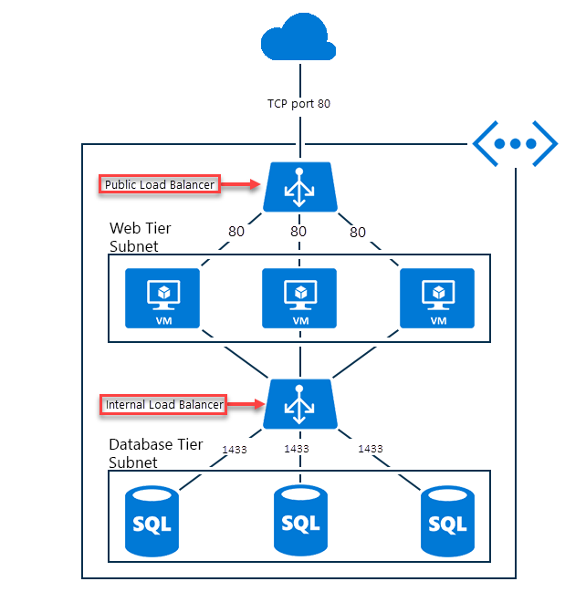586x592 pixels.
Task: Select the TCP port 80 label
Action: (299, 103)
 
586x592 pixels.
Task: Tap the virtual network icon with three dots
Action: (515, 143)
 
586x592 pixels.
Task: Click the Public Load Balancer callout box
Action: (160, 184)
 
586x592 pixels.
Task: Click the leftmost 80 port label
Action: (236, 232)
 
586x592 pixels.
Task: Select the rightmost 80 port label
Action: (358, 232)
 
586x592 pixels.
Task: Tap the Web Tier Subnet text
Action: (141, 236)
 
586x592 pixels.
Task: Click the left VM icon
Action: (163, 298)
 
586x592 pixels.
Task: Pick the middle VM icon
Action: (299, 298)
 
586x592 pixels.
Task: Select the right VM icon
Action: (437, 298)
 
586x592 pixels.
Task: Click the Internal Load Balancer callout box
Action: (162, 404)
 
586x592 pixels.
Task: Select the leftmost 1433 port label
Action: (235, 449)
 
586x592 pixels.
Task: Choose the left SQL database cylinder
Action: (152, 521)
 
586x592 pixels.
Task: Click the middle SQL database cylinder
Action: (300, 521)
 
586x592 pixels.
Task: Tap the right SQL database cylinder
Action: (447, 521)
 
